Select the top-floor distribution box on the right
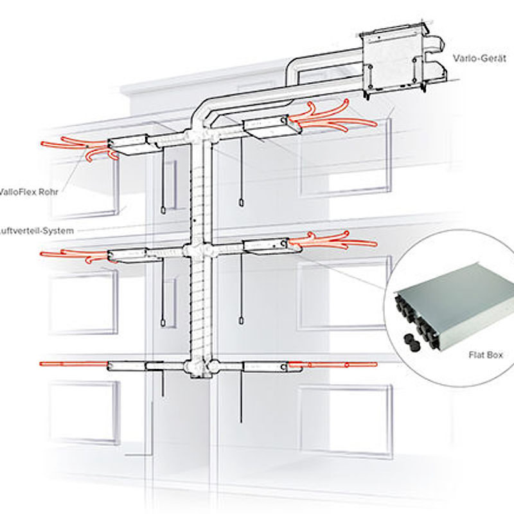(270, 128)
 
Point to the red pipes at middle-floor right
(331, 243)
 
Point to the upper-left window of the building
(84, 186)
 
